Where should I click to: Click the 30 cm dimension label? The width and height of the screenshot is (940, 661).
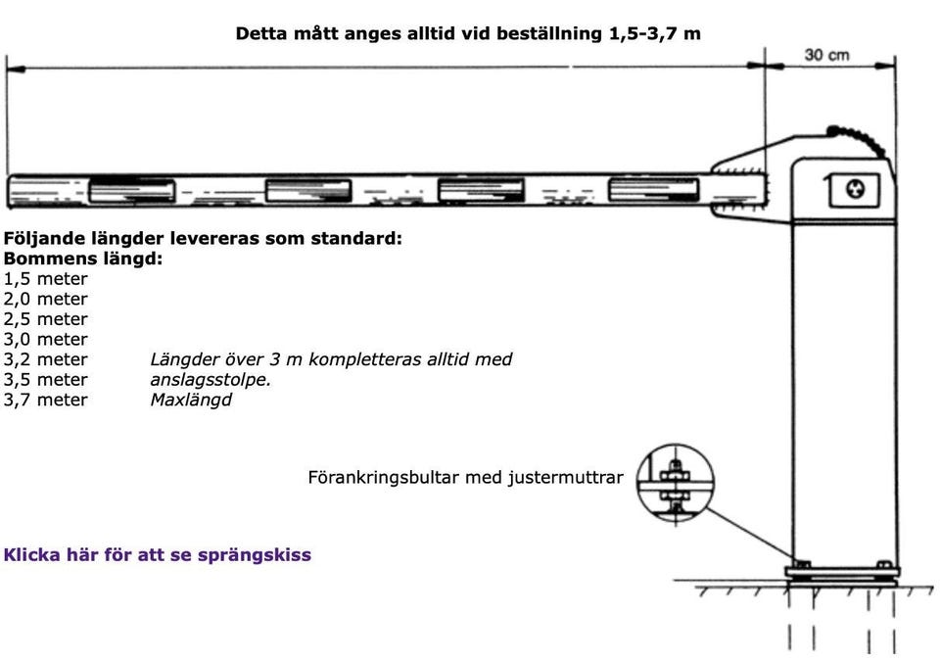click(x=826, y=55)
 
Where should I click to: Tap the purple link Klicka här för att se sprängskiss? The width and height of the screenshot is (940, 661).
click(x=157, y=555)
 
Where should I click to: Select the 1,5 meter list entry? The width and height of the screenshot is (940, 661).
click(x=46, y=279)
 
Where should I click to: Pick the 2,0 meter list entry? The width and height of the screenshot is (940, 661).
click(x=46, y=300)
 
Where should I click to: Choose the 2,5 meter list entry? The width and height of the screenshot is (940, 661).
click(x=46, y=319)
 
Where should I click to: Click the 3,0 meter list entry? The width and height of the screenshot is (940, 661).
click(x=46, y=340)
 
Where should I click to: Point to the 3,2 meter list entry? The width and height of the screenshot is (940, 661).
click(x=46, y=360)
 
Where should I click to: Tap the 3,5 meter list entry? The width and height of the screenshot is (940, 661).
click(x=46, y=380)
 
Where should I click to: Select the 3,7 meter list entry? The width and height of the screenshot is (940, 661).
click(x=46, y=401)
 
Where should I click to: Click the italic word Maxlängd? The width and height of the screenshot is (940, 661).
click(x=191, y=401)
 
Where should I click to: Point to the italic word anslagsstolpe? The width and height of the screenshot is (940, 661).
click(x=211, y=380)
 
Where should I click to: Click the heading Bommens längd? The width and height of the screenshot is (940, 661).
click(x=82, y=260)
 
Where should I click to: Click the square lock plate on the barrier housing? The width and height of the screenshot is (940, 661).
click(x=854, y=190)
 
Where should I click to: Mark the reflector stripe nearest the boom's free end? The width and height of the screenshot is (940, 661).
click(x=132, y=191)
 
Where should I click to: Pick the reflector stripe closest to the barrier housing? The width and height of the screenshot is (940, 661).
click(x=653, y=190)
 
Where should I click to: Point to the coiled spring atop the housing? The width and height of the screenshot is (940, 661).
click(x=858, y=140)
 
